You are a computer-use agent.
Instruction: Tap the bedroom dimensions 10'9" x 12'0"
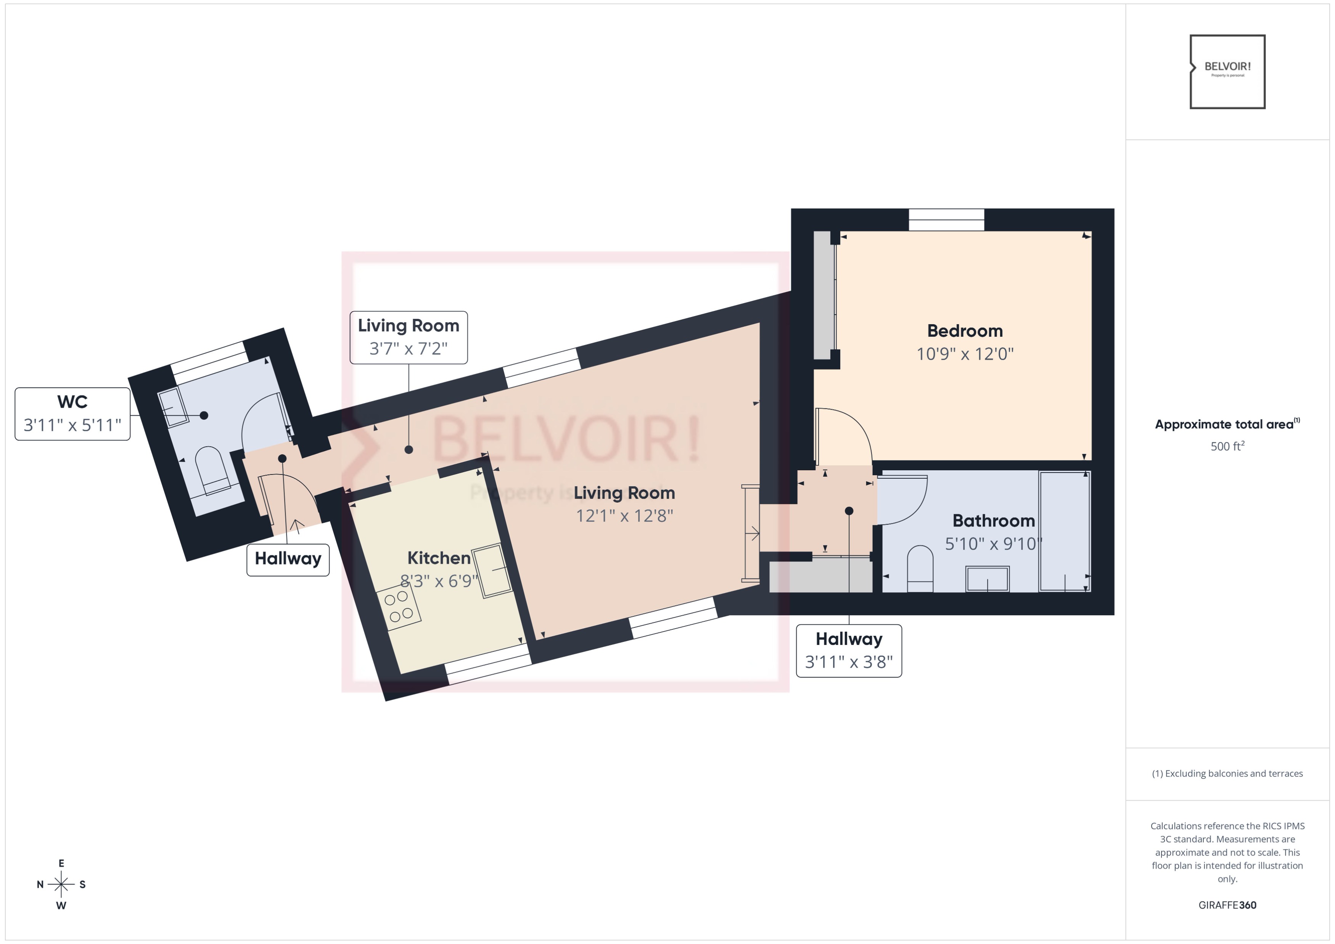965,354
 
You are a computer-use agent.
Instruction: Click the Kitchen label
438,558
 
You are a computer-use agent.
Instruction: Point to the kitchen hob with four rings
398,606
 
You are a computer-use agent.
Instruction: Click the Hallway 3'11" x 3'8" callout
848,650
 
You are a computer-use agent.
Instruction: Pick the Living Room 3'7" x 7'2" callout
408,337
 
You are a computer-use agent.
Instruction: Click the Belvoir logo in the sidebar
1227,71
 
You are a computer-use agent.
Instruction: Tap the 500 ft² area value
1227,446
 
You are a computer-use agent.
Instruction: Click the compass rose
61,884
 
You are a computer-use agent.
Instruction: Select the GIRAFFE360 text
1227,905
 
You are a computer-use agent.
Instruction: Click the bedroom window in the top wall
946,220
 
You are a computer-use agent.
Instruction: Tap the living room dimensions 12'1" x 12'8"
624,516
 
